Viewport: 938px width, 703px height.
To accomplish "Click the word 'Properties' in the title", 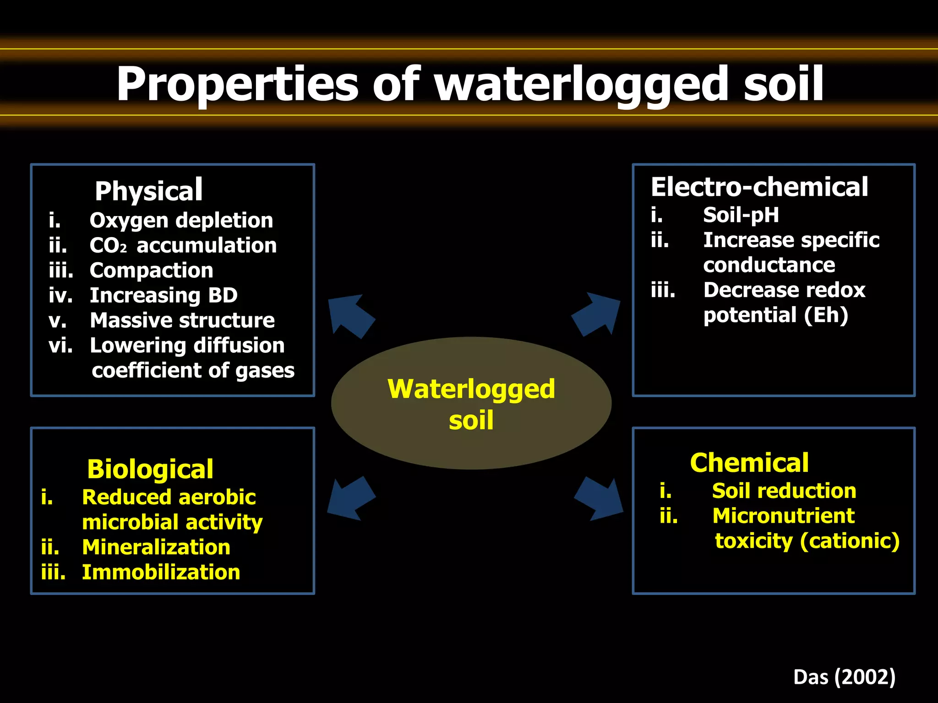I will [x=237, y=85].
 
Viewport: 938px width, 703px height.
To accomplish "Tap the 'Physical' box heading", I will [x=148, y=190].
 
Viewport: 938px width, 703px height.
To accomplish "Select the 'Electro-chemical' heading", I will [x=759, y=187].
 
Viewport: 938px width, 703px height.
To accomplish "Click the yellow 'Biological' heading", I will [x=150, y=469].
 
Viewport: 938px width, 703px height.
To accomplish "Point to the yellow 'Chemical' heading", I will [x=749, y=463].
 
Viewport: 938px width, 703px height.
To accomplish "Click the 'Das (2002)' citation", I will [x=844, y=677].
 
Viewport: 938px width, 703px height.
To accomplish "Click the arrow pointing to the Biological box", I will [x=350, y=499].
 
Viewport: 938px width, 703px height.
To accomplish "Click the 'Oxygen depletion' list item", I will [x=181, y=221].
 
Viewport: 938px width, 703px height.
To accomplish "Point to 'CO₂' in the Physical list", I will [x=108, y=246].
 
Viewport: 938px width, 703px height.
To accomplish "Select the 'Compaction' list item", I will [x=152, y=270].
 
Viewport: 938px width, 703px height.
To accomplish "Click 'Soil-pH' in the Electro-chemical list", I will [x=741, y=215].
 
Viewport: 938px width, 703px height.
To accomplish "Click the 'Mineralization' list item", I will [x=156, y=547].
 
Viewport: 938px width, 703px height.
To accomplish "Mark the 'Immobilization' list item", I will [x=161, y=573].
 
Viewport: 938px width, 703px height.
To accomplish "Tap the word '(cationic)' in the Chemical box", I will [x=850, y=541].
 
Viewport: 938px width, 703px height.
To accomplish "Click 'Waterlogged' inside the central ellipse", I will [x=471, y=389].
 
